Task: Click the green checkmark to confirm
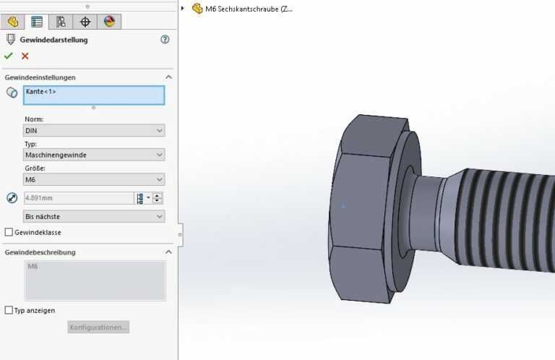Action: tap(9, 56)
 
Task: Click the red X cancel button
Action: tap(25, 56)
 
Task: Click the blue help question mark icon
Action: tap(165, 40)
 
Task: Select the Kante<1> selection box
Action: tap(94, 95)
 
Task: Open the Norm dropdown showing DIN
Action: tap(94, 131)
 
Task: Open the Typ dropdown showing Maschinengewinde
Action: tap(94, 155)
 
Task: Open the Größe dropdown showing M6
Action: tap(94, 179)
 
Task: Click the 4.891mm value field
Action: tap(77, 198)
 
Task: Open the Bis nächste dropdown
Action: tap(94, 216)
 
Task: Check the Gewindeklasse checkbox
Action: tap(9, 232)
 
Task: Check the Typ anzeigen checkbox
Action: tap(9, 310)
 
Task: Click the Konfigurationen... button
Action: tap(99, 327)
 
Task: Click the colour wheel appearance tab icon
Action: tap(109, 21)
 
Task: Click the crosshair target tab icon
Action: tap(85, 21)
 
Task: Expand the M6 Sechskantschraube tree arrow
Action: tap(183, 9)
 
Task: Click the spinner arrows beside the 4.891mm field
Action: tap(158, 198)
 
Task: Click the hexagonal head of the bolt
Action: tap(365, 210)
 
